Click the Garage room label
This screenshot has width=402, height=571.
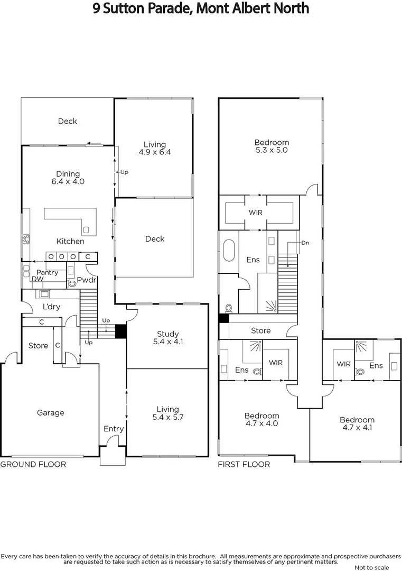click(x=50, y=413)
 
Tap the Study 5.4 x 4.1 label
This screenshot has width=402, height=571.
click(x=167, y=338)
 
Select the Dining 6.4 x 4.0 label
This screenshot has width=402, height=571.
click(x=68, y=178)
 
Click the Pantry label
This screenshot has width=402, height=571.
click(x=48, y=273)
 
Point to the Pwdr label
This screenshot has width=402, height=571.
click(x=87, y=280)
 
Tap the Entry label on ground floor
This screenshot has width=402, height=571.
click(x=113, y=429)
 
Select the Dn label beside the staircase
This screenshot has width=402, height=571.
click(x=305, y=243)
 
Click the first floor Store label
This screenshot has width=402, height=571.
click(x=260, y=331)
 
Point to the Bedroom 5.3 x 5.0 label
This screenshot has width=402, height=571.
click(x=272, y=146)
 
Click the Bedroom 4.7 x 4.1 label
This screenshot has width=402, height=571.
click(x=357, y=423)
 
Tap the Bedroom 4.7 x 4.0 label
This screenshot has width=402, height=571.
click(x=261, y=420)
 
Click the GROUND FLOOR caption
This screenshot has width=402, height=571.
click(x=33, y=464)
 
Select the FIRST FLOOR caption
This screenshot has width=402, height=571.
click(x=244, y=464)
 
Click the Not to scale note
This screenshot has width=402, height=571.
click(x=371, y=567)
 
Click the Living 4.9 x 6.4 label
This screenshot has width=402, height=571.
click(x=154, y=148)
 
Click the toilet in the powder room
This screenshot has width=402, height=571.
click(x=72, y=283)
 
